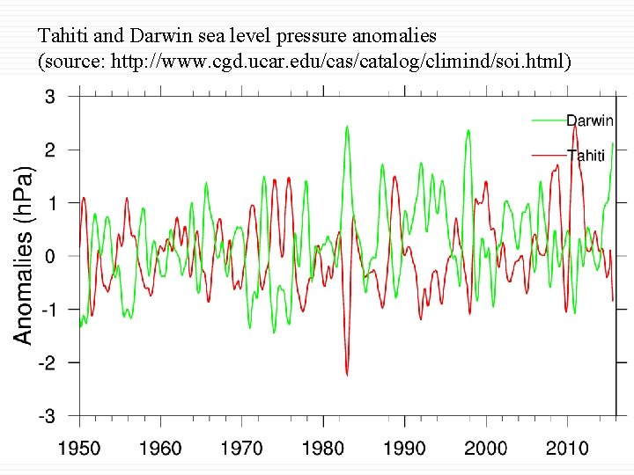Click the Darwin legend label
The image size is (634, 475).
coord(590,121)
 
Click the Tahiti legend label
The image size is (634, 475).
coord(586,156)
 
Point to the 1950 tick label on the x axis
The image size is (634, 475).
coord(79,449)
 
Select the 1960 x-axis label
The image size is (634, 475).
coord(160,449)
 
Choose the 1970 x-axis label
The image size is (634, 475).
coord(241,449)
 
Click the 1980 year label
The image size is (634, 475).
coord(323,449)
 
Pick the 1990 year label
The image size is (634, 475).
coord(404,449)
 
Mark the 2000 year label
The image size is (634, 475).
coord(485,449)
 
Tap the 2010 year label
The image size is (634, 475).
coord(567,449)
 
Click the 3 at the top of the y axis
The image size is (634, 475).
coord(50,97)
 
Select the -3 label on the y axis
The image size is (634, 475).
coord(46,415)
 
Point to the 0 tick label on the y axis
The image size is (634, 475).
coord(50,256)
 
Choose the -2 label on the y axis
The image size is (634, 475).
coord(46,362)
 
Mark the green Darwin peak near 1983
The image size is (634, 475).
coord(347,127)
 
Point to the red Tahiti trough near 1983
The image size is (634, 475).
coord(347,374)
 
